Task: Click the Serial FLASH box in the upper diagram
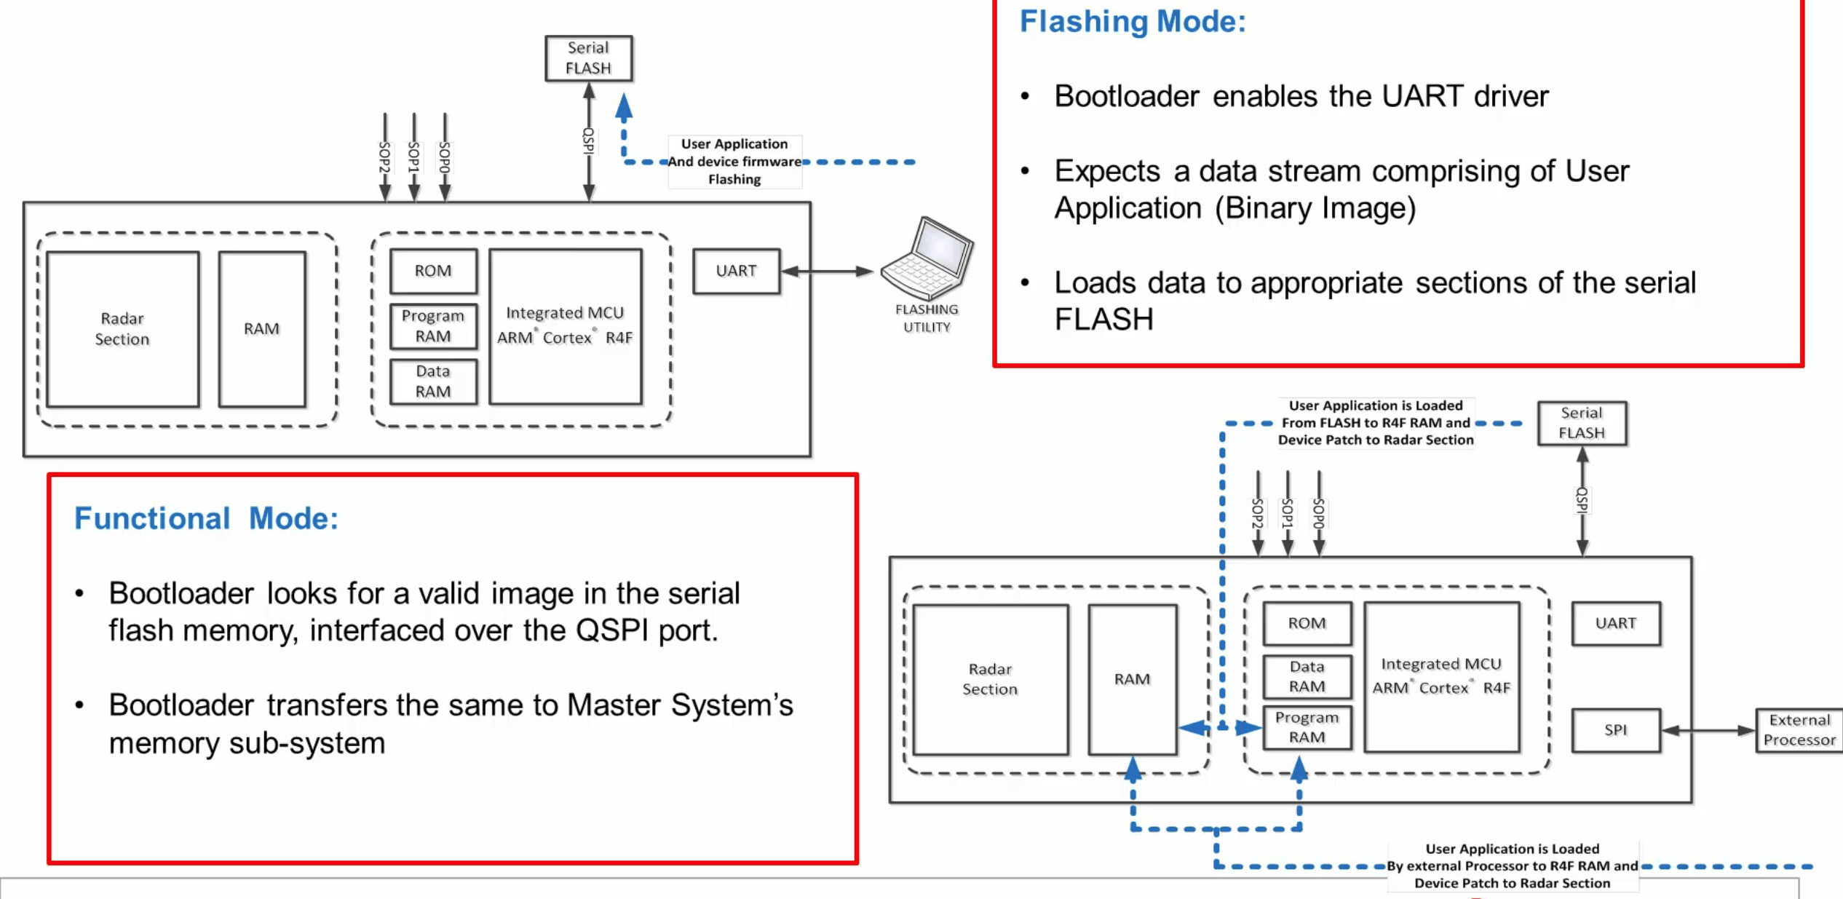click(588, 58)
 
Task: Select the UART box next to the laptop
click(736, 271)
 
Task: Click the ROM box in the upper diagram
click(433, 271)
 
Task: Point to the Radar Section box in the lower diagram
click(990, 679)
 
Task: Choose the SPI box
click(1615, 730)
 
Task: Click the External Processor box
click(1799, 730)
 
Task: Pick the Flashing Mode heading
click(1133, 21)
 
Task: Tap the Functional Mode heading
click(206, 518)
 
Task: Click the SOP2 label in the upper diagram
click(385, 157)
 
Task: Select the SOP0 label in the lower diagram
click(1318, 513)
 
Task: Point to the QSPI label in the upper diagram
click(589, 140)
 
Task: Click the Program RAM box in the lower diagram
click(1307, 727)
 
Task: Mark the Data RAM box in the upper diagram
click(433, 381)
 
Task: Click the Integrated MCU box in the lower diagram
click(1441, 676)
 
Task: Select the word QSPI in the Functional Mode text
click(611, 630)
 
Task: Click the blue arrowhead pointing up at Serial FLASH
click(624, 107)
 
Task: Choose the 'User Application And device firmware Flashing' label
click(734, 162)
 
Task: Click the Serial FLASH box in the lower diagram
click(1582, 423)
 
